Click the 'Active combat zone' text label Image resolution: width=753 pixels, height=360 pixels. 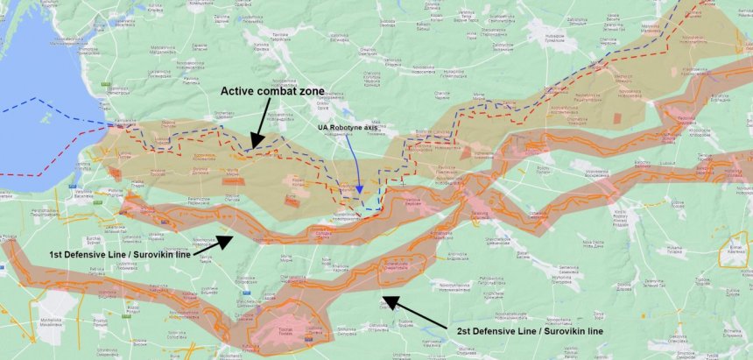click(x=272, y=91)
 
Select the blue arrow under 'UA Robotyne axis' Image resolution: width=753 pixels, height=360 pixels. click(x=355, y=166)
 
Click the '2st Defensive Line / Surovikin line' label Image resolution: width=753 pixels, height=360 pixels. click(x=530, y=332)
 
